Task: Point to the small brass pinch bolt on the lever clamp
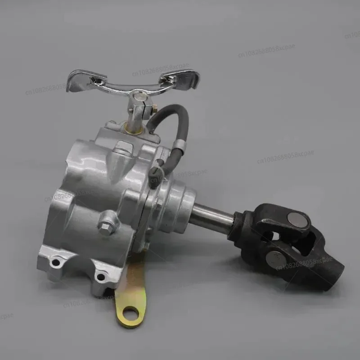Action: tap(154, 108)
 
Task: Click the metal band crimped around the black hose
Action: tap(179, 144)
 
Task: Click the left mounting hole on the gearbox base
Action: tap(55, 262)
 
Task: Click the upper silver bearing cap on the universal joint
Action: tap(298, 220)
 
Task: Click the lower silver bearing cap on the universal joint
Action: tap(275, 260)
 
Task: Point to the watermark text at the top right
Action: tap(266, 50)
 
